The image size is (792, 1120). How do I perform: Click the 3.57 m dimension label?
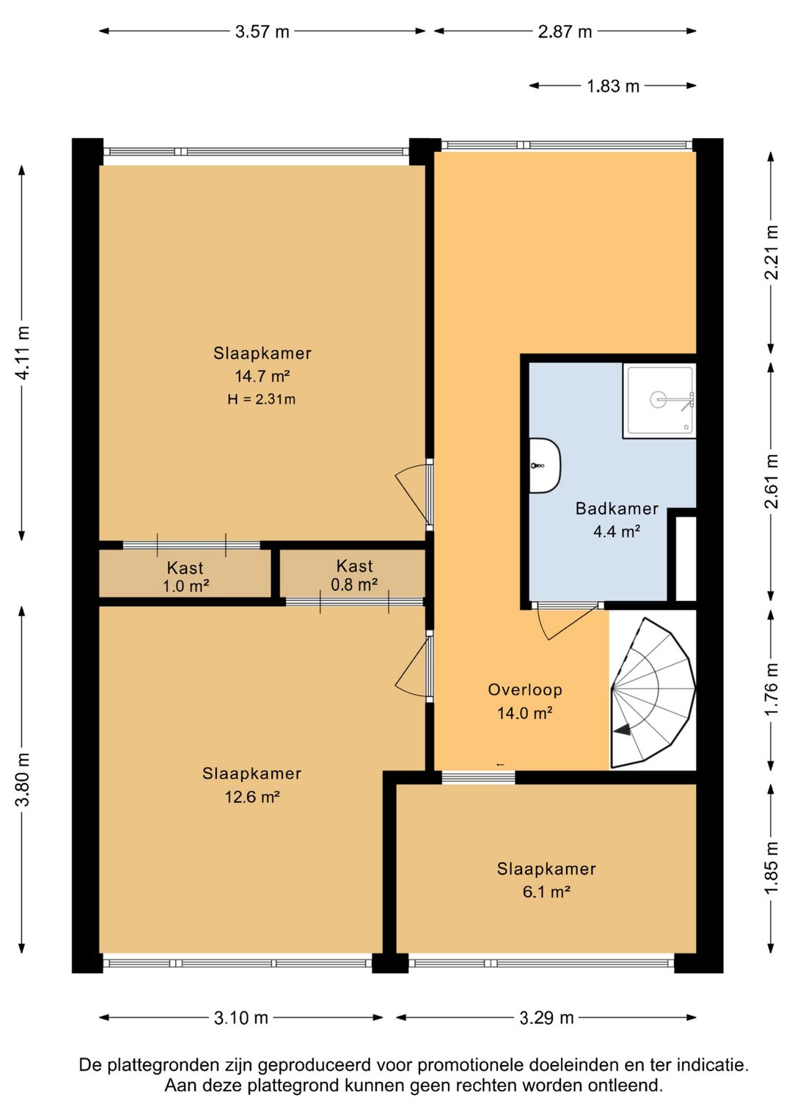click(x=262, y=32)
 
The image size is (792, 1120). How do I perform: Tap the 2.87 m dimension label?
click(x=565, y=32)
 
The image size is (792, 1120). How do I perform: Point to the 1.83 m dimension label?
click(x=612, y=87)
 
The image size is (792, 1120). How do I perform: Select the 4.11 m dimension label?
click(x=23, y=352)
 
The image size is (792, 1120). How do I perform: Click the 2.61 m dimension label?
click(x=772, y=481)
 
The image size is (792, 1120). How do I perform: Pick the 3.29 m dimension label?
click(x=546, y=1017)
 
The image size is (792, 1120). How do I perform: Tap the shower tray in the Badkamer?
click(x=659, y=401)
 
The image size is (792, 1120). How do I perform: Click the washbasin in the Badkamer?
click(x=545, y=466)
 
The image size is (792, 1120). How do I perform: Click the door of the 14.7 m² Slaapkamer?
click(x=414, y=494)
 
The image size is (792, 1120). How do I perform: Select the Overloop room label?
click(x=524, y=690)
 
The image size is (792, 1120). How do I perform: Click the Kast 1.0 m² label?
click(x=186, y=576)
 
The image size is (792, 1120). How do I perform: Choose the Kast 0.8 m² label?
click(x=354, y=575)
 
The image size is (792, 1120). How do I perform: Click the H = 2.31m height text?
click(x=261, y=399)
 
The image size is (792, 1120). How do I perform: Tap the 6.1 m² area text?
click(x=546, y=892)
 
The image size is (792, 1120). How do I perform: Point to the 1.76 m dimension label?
click(x=772, y=689)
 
